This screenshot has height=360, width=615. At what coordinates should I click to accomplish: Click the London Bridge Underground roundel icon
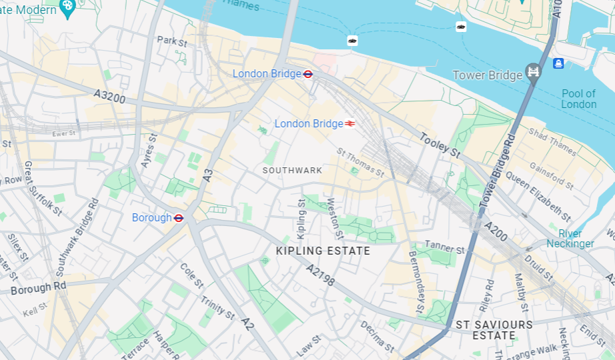pyautogui.click(x=307, y=74)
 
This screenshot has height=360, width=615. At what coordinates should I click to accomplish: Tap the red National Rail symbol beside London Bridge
pyautogui.click(x=350, y=124)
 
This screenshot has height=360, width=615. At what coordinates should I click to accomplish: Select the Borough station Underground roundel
pyautogui.click(x=179, y=218)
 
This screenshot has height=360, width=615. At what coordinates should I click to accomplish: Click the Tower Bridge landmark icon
pyautogui.click(x=533, y=72)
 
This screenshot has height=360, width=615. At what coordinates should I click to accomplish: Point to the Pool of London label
pyautogui.click(x=578, y=99)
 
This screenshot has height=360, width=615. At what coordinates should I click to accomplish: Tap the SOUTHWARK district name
pyautogui.click(x=292, y=171)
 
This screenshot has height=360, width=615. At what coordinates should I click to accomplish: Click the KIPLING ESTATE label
pyautogui.click(x=323, y=251)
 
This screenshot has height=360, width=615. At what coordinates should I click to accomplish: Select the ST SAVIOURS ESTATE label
pyautogui.click(x=494, y=330)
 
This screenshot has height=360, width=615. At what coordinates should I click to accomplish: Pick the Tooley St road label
pyautogui.click(x=440, y=145)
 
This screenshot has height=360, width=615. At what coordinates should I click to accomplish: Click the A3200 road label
pyautogui.click(x=109, y=97)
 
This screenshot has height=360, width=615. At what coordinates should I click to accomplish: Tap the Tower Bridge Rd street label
pyautogui.click(x=498, y=170)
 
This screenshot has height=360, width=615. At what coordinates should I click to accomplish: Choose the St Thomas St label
pyautogui.click(x=360, y=163)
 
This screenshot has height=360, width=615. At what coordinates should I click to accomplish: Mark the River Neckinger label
pyautogui.click(x=570, y=239)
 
